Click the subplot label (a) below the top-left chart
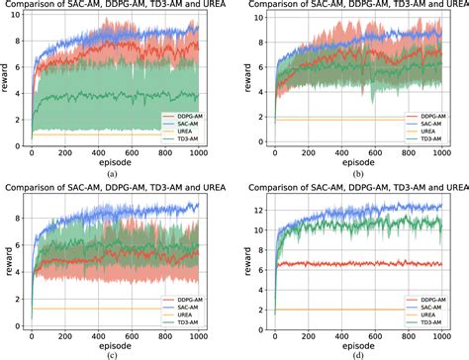tap(114, 173)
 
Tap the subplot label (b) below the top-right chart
tap(350, 173)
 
